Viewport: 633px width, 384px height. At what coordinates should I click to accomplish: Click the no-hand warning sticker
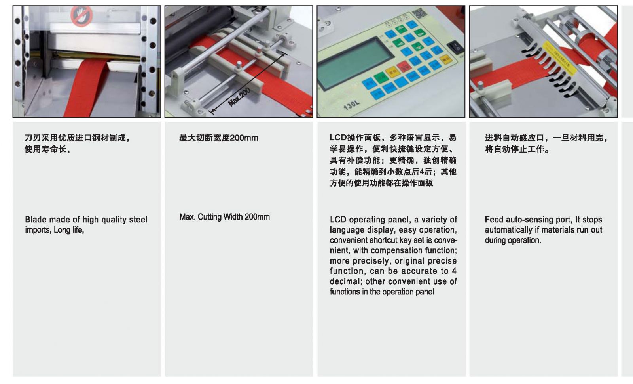point(81,16)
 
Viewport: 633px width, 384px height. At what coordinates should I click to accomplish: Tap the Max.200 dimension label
point(239,97)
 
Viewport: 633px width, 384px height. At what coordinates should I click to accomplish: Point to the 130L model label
point(352,105)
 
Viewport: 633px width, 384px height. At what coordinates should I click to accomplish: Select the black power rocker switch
point(455,47)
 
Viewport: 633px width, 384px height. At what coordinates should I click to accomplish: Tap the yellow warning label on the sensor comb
point(559,58)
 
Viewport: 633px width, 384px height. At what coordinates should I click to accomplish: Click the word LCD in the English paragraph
point(338,220)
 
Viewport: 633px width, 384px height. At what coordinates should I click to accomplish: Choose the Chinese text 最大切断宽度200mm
point(219,138)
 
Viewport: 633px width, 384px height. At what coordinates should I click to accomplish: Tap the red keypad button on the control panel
point(404,67)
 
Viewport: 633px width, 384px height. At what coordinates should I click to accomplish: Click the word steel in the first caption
point(138,220)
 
